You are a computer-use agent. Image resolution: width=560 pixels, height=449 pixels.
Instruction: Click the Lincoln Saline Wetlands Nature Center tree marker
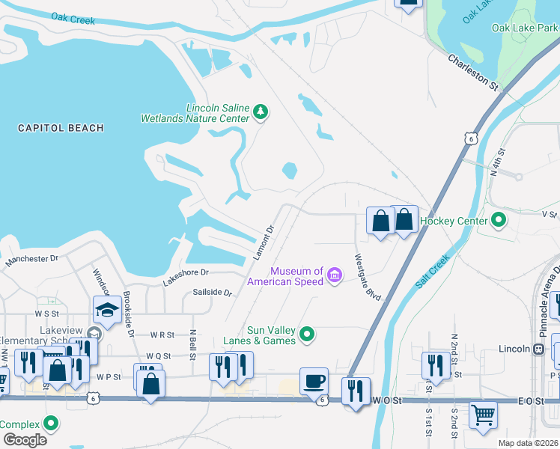click(x=261, y=112)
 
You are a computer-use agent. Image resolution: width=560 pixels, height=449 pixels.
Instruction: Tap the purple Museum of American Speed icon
click(x=335, y=276)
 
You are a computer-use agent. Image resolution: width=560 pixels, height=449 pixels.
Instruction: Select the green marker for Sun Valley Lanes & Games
click(x=307, y=334)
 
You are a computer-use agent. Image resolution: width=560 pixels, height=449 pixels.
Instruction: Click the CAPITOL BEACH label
click(x=61, y=128)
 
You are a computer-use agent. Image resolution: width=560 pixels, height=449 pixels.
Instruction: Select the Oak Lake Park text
click(x=525, y=28)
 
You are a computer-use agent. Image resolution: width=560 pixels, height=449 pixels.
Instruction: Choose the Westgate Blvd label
click(x=367, y=277)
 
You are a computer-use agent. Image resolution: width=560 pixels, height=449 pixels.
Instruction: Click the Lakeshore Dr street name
click(x=186, y=277)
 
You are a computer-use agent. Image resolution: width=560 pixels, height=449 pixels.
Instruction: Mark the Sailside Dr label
click(x=213, y=293)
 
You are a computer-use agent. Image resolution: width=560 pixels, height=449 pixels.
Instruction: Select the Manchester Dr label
click(x=32, y=260)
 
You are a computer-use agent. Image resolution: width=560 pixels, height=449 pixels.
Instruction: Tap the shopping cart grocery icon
click(x=484, y=413)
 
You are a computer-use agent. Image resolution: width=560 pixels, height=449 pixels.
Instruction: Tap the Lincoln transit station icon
click(x=538, y=349)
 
